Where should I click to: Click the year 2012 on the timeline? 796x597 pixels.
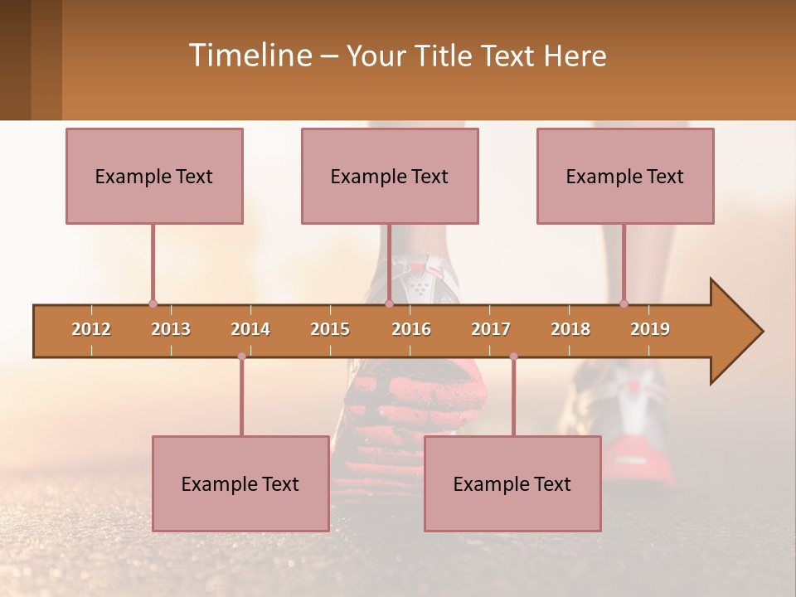point(91,329)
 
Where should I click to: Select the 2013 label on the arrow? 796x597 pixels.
point(171,329)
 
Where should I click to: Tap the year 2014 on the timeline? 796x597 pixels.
point(250,329)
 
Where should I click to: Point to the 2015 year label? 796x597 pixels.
point(330,329)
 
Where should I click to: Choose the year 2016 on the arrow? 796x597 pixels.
point(411,329)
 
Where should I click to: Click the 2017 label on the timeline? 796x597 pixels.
point(491,329)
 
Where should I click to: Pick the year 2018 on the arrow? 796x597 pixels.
point(570,329)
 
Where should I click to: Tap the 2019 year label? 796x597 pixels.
point(650,329)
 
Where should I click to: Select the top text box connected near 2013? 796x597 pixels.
point(154,177)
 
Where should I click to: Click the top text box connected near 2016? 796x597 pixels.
point(390,177)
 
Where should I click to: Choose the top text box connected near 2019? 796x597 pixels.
point(625,177)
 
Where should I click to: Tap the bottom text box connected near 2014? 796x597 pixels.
point(240,484)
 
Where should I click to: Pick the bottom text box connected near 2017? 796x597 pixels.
point(512,484)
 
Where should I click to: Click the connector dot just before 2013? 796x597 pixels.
point(153,304)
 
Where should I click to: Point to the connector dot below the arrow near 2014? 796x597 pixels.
point(241,357)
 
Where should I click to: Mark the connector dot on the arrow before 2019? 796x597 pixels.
point(624,304)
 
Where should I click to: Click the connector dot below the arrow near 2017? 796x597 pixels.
point(513,357)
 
